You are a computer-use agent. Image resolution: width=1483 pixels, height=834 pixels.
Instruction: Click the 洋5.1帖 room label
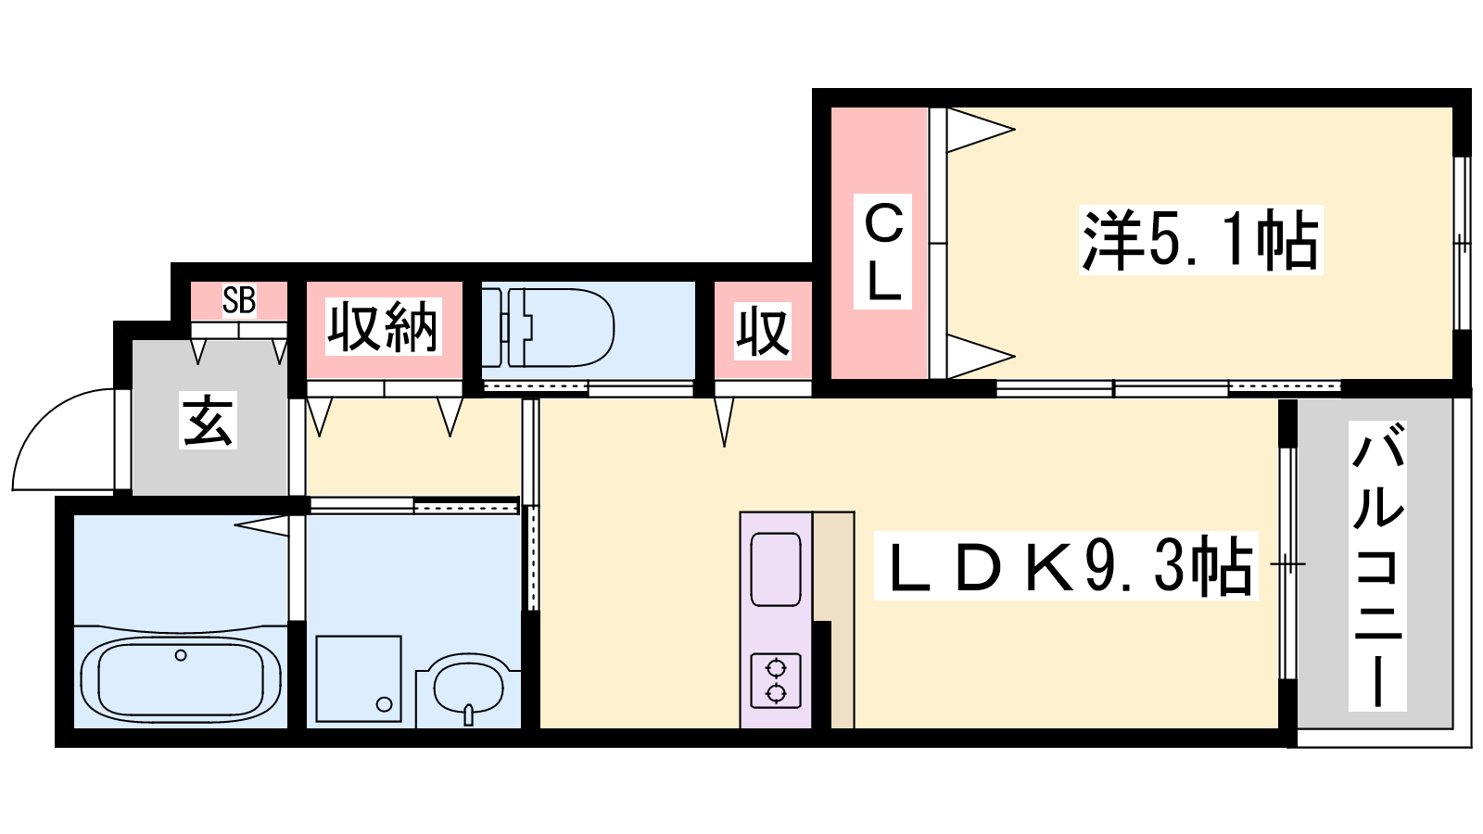tap(1200, 240)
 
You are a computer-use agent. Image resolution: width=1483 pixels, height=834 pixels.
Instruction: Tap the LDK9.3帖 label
tap(1066, 565)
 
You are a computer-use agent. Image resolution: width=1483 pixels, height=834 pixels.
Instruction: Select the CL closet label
tap(882, 251)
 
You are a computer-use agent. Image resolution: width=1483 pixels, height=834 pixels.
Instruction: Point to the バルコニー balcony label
tap(1377, 566)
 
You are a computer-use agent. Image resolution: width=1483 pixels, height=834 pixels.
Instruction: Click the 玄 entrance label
tap(208, 421)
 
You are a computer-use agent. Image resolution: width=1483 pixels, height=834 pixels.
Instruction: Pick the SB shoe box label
tap(239, 300)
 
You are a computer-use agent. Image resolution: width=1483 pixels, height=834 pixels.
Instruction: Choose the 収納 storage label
tap(384, 327)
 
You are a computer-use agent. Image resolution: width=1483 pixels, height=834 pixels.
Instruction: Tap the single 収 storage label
tap(764, 331)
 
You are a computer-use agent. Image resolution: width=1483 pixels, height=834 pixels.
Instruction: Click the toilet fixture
tap(548, 327)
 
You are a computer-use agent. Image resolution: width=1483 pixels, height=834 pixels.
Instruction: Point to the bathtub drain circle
tap(181, 655)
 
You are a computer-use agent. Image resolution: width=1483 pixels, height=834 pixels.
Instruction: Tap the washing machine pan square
tap(359, 678)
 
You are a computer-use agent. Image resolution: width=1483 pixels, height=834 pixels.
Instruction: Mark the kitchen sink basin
tap(776, 569)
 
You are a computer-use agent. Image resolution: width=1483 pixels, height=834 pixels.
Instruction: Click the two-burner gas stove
tap(776, 681)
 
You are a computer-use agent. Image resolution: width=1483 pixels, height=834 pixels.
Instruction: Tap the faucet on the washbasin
tap(469, 714)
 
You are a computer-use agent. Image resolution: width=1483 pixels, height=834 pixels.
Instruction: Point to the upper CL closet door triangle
tap(981, 130)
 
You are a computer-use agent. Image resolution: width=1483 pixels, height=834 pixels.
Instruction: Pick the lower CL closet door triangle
tap(981, 357)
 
